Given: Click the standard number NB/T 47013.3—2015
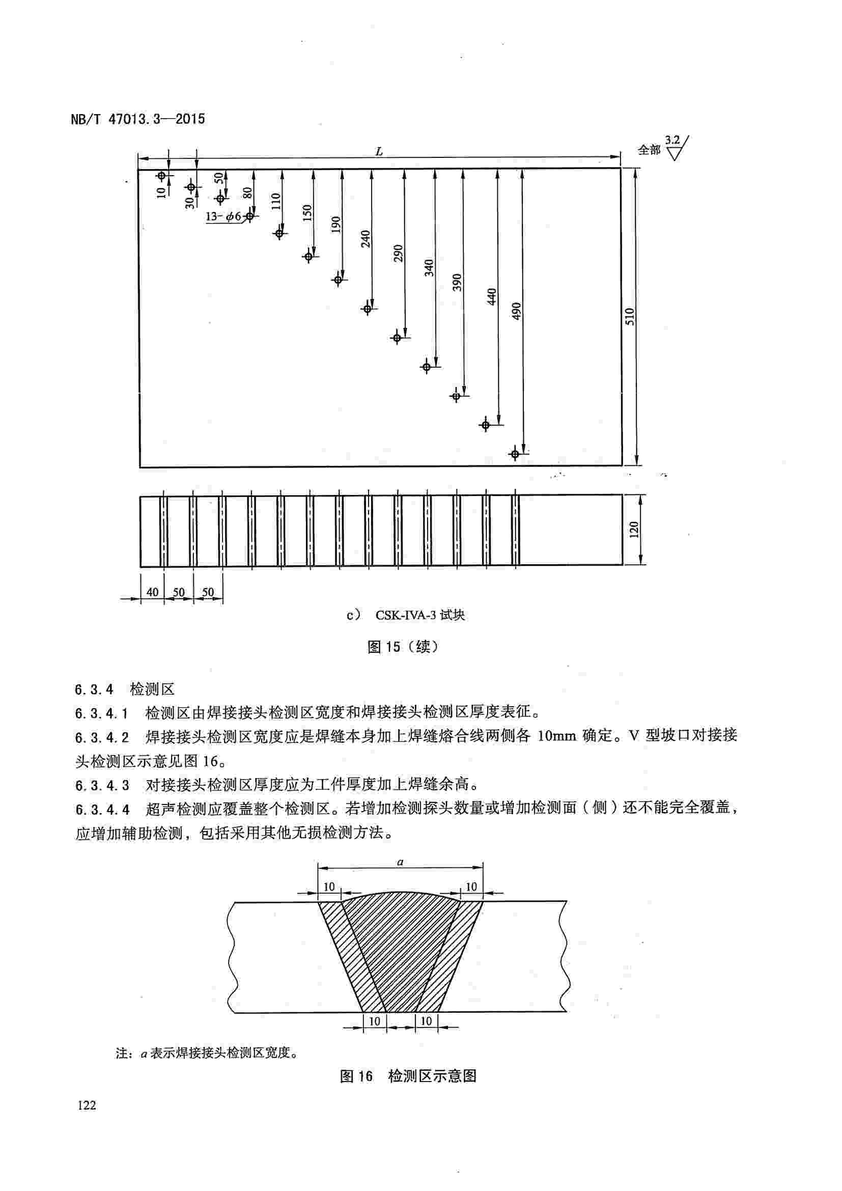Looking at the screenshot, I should click(x=137, y=119).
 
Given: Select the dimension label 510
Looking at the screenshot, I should click(x=629, y=316).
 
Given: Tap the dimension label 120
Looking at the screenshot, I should click(x=634, y=530).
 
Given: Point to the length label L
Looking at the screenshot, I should click(x=379, y=151).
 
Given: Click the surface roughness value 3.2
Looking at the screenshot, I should click(x=672, y=140).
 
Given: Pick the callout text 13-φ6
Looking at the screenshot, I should click(x=223, y=217).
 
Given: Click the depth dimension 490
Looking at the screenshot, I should click(x=516, y=311).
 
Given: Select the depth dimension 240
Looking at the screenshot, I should click(x=366, y=239).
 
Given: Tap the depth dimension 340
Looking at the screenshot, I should click(x=429, y=268).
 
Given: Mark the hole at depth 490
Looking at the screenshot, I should click(x=515, y=454).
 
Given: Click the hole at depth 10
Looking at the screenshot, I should click(x=162, y=176).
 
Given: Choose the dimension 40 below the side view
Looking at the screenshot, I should click(x=152, y=592).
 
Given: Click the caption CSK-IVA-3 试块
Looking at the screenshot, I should click(x=420, y=615).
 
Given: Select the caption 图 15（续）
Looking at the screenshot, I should click(x=403, y=646).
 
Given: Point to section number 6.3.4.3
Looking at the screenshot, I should click(x=102, y=785).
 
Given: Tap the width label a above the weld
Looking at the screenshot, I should click(x=400, y=863).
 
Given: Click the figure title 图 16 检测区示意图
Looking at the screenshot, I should click(x=408, y=1076).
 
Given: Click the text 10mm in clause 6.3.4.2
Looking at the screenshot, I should click(x=556, y=736).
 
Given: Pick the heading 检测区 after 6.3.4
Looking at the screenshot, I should click(x=152, y=689).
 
